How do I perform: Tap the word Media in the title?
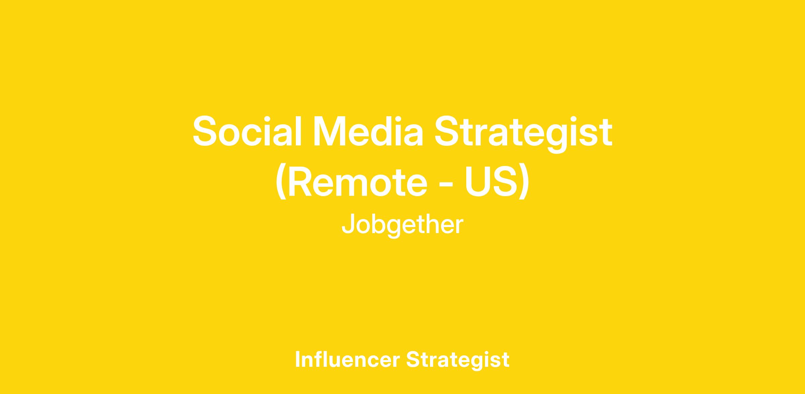(x=368, y=131)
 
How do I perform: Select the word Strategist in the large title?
(x=524, y=134)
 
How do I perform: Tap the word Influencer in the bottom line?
(x=347, y=359)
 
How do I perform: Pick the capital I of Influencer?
(x=298, y=359)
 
